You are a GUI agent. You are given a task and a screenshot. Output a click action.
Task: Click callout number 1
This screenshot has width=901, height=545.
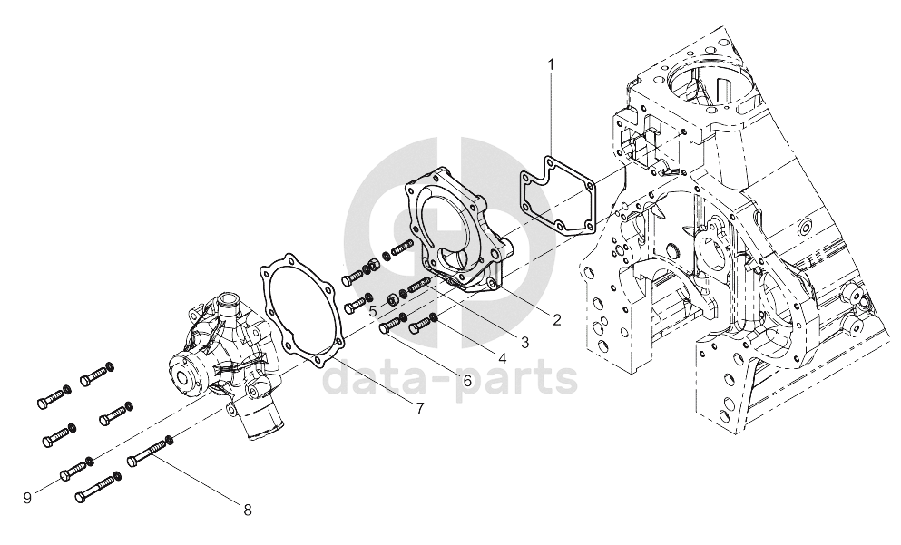[x=552, y=64]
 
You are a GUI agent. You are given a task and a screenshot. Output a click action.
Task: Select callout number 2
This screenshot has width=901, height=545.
[x=556, y=320]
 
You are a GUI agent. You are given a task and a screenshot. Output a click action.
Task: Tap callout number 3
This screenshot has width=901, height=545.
[x=524, y=343]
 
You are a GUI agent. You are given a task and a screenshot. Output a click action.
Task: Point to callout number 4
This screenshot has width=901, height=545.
[x=502, y=359]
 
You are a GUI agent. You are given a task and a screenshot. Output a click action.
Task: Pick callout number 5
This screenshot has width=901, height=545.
[x=373, y=312]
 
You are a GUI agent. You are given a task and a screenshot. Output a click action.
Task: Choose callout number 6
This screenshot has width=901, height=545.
[x=466, y=380]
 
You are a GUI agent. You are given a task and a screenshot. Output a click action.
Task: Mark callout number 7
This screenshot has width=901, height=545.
[x=420, y=408]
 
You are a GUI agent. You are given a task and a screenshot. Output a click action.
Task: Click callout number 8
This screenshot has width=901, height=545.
[x=248, y=510]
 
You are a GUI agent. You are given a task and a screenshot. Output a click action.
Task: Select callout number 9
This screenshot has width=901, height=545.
[x=27, y=498]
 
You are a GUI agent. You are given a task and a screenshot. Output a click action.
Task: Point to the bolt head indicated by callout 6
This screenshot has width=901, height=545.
[x=387, y=327]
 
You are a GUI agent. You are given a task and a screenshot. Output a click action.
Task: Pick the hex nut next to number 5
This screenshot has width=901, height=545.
[x=392, y=298]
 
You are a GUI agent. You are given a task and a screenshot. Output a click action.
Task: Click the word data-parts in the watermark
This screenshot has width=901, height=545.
[x=450, y=375]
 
